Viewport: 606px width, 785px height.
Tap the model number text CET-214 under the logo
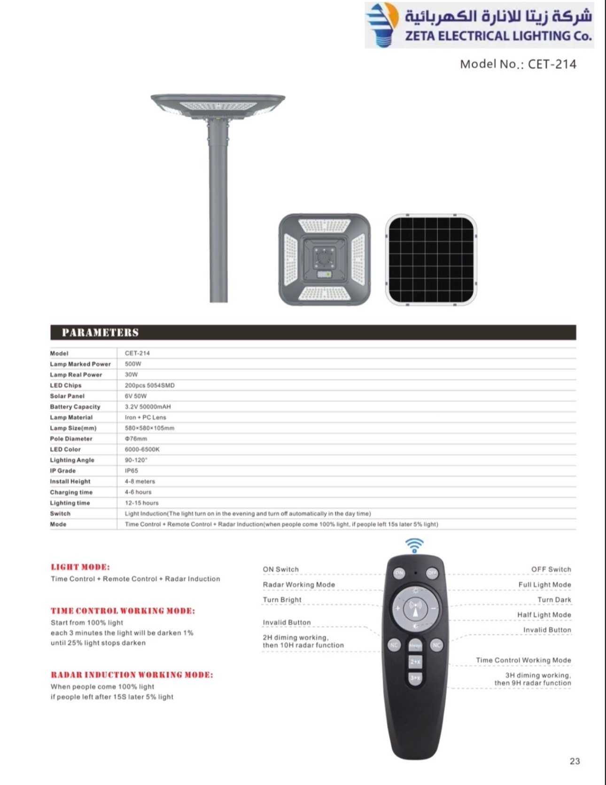coord(518,64)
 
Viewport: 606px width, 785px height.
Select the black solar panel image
coord(431,260)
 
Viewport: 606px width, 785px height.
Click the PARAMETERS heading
coord(100,333)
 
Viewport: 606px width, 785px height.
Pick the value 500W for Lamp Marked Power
coord(133,364)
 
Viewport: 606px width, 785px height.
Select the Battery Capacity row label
coord(75,407)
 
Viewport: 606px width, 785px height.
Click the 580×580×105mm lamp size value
coord(149,428)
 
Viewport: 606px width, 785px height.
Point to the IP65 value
coord(132,471)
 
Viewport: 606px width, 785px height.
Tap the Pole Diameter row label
coord(71,439)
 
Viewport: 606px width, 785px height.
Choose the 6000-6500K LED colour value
coord(142,449)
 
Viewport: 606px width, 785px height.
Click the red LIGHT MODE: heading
coord(80,567)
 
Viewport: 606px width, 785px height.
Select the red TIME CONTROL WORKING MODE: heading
coord(123,611)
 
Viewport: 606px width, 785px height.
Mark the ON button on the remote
coord(399,573)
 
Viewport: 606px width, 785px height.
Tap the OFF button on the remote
coord(432,573)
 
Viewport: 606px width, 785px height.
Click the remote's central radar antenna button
coord(415,608)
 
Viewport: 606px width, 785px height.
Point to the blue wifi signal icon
coord(414,546)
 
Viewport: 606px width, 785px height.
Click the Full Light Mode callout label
coord(544,585)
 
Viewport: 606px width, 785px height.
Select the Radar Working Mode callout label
coord(299,585)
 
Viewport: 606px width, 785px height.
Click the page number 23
coord(575,761)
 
